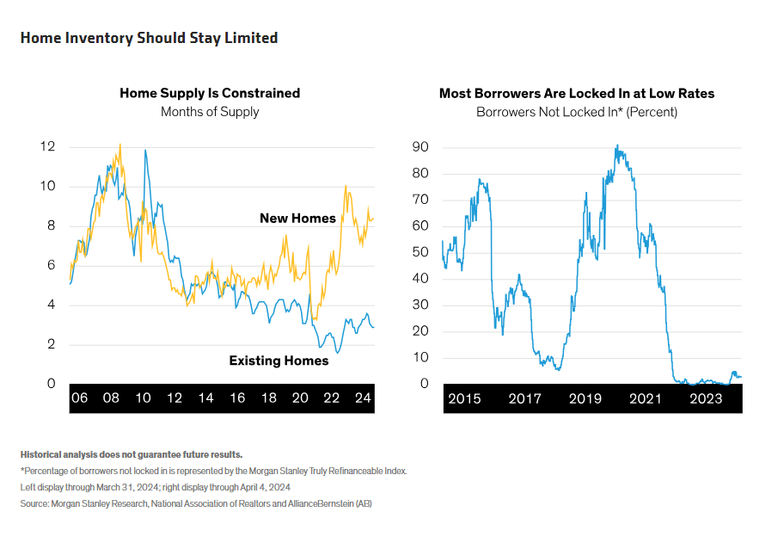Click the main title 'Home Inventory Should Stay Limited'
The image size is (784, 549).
click(x=149, y=38)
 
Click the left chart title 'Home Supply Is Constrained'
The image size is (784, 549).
click(x=210, y=93)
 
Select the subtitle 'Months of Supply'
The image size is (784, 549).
click(x=210, y=112)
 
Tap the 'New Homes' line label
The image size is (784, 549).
click(x=297, y=219)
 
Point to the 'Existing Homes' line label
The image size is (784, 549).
click(x=279, y=361)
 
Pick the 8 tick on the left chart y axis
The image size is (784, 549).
click(x=51, y=226)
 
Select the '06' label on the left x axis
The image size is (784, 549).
click(x=79, y=398)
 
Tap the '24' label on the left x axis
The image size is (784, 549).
click(x=363, y=398)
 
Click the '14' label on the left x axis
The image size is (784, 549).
click(x=205, y=398)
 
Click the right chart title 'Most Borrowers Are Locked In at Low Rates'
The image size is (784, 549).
click(x=577, y=93)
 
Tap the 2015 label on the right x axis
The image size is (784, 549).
click(x=464, y=398)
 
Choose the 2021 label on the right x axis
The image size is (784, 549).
click(x=646, y=398)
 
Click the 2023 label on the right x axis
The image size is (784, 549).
click(x=707, y=398)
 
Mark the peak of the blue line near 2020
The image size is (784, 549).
click(x=616, y=146)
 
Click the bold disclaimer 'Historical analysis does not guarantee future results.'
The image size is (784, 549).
click(x=132, y=453)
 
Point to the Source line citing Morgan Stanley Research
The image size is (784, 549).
click(x=196, y=503)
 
